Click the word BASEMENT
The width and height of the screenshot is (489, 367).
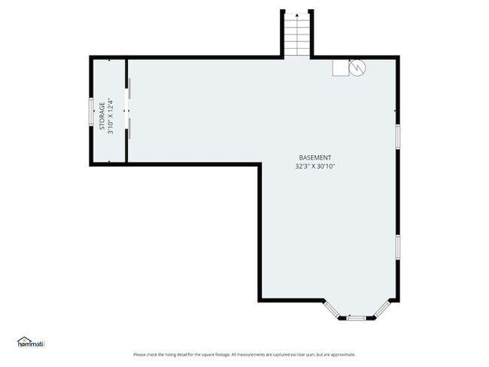(314, 157)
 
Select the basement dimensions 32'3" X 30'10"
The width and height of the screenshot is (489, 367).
(314, 166)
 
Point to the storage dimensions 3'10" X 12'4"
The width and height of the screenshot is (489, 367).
(111, 116)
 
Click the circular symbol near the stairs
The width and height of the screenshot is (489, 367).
(357, 68)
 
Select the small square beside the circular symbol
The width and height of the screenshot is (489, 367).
(340, 68)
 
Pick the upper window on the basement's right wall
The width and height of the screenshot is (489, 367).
(397, 135)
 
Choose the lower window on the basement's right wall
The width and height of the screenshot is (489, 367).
(397, 247)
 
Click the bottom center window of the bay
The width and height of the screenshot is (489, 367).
(356, 318)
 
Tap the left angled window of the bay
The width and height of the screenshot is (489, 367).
(331, 308)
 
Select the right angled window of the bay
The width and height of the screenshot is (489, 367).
(381, 308)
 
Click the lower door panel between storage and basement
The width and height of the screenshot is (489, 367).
(128, 128)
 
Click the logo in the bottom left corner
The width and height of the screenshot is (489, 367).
(31, 342)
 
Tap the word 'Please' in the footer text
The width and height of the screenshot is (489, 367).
(139, 355)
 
